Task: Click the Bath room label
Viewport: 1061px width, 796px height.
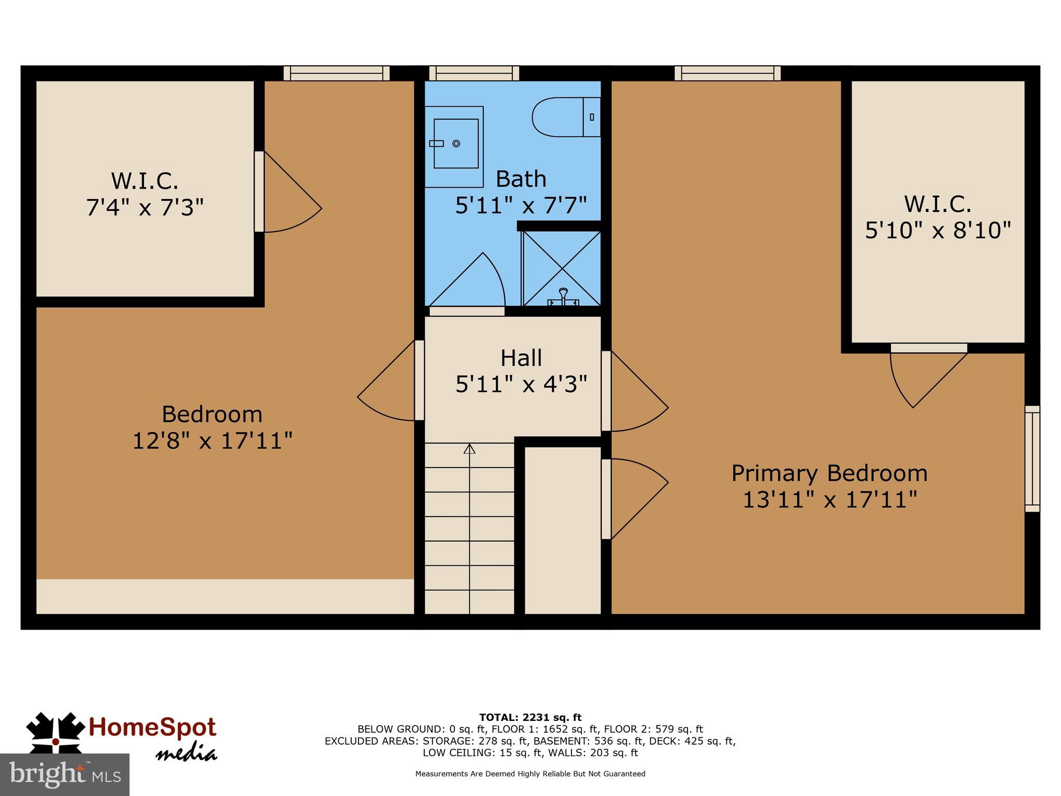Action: tap(521, 179)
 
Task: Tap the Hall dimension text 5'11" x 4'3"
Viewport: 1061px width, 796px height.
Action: tap(521, 385)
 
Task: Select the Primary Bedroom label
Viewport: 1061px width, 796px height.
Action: tap(829, 473)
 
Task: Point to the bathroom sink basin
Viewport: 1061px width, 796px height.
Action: tap(455, 143)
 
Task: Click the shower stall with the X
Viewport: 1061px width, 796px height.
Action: tap(562, 268)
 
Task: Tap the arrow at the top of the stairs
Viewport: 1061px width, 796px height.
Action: tap(469, 449)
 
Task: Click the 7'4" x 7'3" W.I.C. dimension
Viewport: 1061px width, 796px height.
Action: tap(145, 207)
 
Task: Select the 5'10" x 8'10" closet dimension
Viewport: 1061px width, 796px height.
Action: tap(938, 230)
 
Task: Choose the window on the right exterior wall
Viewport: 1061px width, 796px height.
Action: tap(1032, 459)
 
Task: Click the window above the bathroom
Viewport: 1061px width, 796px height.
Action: tap(474, 73)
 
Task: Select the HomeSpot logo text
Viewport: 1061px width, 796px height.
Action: tap(152, 728)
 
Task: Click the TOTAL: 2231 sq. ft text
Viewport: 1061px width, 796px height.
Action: tap(530, 718)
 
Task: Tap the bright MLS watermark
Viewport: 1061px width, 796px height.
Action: tap(65, 774)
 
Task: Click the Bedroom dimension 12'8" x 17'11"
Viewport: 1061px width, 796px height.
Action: tap(212, 441)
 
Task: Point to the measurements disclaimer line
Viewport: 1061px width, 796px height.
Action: tap(530, 774)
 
